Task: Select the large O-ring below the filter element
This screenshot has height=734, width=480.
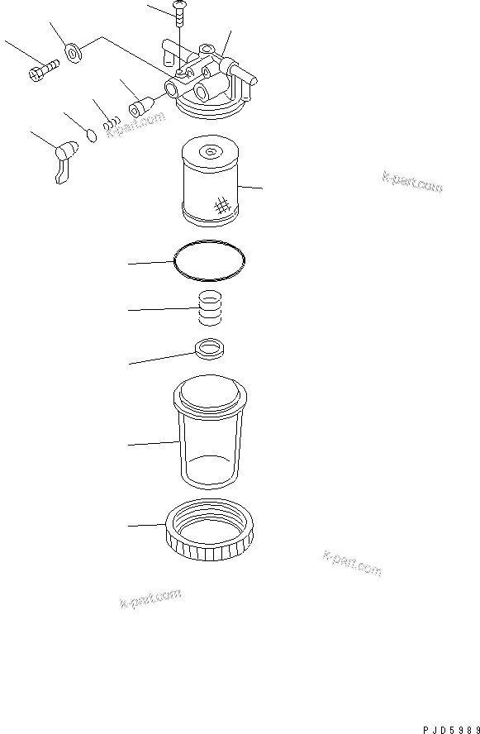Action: coord(211,258)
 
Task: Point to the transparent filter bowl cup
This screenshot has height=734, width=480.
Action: coord(211,434)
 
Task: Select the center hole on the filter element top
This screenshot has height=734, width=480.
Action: coord(209,150)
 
